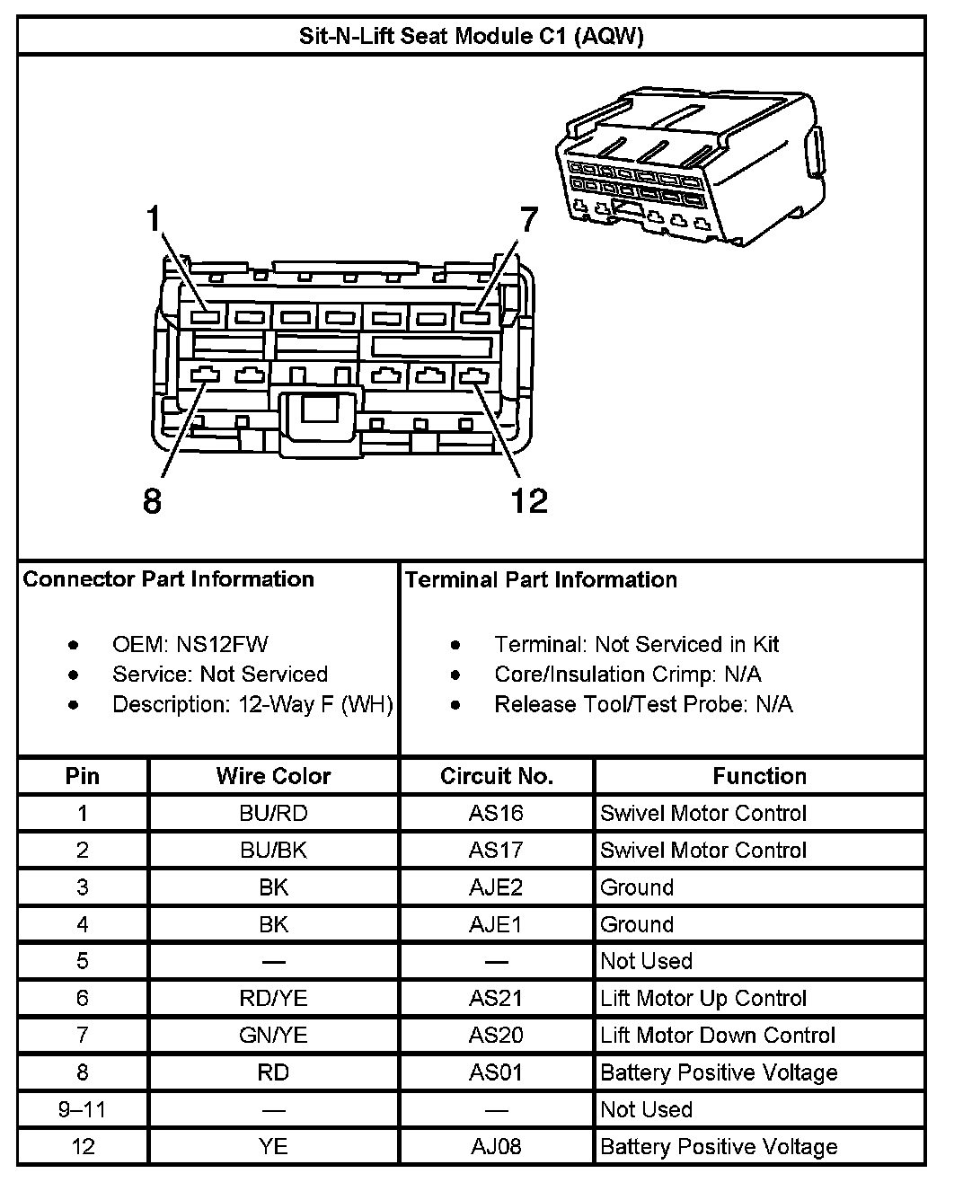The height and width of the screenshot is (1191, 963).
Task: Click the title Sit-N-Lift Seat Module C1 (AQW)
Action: point(471,36)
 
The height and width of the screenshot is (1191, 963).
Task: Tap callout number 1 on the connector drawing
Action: point(155,219)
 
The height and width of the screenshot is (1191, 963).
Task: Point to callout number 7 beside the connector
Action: point(528,219)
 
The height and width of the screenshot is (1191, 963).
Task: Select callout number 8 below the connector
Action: point(153,500)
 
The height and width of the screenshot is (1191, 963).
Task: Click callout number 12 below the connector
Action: point(528,500)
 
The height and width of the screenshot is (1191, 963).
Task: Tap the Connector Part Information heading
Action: point(169,579)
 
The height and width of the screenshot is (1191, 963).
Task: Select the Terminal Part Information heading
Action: point(541,579)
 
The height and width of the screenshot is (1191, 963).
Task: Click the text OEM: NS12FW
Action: point(190,644)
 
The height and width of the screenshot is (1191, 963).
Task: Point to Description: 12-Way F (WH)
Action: point(252,704)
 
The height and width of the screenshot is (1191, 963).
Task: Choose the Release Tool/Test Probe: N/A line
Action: point(643,704)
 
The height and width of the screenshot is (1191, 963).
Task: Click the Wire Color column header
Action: point(273,776)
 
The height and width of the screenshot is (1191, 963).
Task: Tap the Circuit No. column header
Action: point(496,776)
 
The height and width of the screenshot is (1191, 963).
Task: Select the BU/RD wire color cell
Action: point(273,813)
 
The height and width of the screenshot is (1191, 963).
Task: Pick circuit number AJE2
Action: point(496,887)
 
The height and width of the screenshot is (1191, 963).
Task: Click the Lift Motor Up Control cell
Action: point(703,998)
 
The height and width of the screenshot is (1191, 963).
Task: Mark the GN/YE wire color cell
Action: point(273,1035)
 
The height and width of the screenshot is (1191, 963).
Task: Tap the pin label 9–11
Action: point(82,1109)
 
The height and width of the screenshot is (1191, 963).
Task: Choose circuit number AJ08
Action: point(496,1146)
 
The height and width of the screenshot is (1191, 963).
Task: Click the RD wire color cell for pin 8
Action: point(273,1072)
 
